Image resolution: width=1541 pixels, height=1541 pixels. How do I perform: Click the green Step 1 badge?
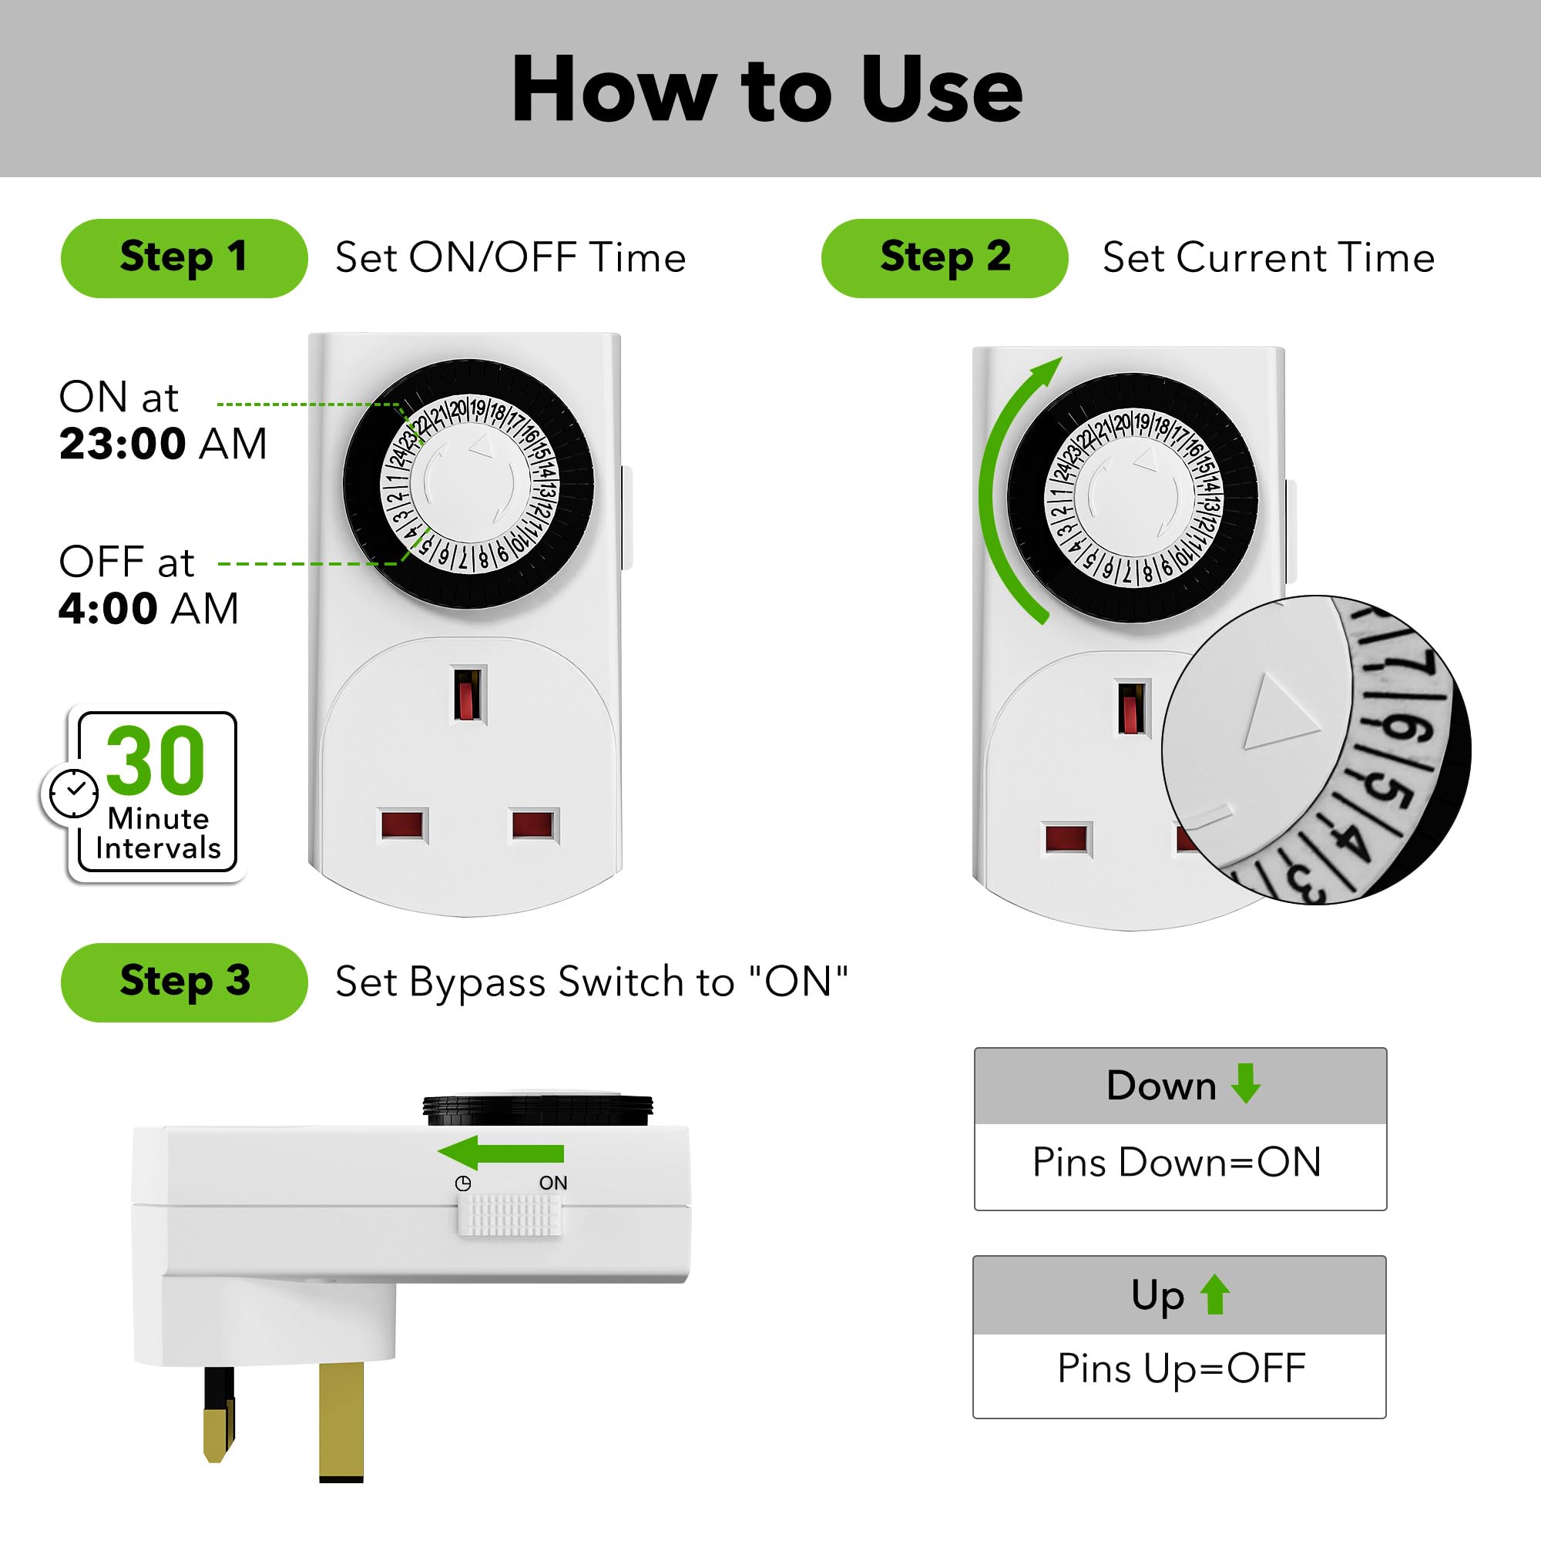[x=183, y=257]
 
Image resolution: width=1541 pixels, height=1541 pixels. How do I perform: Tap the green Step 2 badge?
[x=945, y=257]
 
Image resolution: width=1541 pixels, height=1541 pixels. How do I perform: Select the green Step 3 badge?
[x=183, y=982]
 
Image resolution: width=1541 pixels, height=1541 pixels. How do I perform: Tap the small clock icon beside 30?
[x=73, y=793]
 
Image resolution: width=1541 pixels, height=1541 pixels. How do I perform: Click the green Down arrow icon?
[x=1245, y=1083]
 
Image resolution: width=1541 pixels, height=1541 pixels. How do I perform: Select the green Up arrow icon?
[x=1215, y=1294]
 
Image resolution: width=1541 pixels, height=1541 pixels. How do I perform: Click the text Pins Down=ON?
[x=1177, y=1162]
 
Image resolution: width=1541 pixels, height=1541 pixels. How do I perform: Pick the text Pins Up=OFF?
[x=1181, y=1368]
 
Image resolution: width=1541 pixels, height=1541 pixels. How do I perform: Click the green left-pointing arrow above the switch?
[x=501, y=1153]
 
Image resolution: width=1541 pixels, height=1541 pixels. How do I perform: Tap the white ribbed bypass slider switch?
[x=509, y=1215]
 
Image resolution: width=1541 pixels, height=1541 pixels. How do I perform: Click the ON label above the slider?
[x=552, y=1183]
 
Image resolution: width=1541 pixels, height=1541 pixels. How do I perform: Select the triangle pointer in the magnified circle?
[x=1277, y=712]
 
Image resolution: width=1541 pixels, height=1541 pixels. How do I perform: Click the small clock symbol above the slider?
[x=462, y=1183]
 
